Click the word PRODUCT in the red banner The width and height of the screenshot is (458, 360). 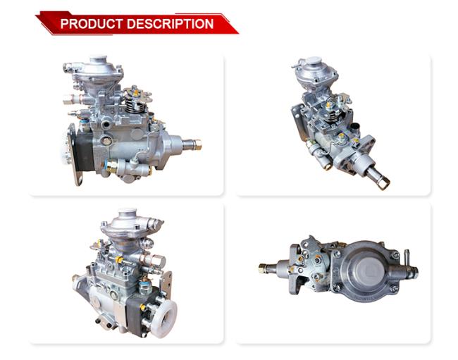tap(92, 24)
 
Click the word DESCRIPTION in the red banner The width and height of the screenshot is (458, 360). tap(171, 24)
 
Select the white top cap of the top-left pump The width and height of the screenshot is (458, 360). tap(99, 58)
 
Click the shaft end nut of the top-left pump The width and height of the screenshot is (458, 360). tap(197, 144)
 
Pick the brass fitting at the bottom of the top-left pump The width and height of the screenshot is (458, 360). tap(111, 167)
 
